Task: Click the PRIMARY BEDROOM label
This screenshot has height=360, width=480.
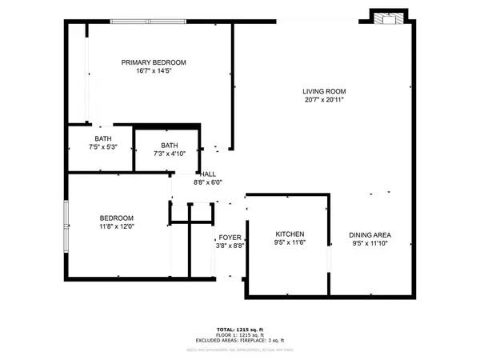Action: [x=154, y=62]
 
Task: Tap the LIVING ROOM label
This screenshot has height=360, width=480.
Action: [x=325, y=91]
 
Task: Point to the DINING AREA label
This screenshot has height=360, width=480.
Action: [x=370, y=234]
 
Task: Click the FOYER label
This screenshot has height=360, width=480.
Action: [x=230, y=238]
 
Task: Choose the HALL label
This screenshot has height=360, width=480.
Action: [x=208, y=174]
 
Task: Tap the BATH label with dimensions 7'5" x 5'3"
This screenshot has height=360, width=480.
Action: [x=104, y=138]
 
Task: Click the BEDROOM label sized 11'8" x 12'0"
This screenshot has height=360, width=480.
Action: [x=117, y=218]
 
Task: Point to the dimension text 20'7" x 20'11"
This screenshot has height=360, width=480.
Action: [x=325, y=101]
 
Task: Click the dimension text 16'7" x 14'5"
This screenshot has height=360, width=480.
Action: [x=154, y=72]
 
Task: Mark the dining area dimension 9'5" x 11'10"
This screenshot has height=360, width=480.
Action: [x=370, y=244]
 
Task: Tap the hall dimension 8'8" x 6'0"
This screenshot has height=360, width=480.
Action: [x=208, y=182]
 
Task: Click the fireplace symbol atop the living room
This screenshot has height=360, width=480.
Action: [x=390, y=18]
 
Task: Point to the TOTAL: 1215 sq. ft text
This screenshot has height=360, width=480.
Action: [x=240, y=329]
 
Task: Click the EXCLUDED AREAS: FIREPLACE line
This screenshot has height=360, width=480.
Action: [x=240, y=341]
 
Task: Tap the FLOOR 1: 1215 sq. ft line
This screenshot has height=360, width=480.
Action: [x=240, y=335]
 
